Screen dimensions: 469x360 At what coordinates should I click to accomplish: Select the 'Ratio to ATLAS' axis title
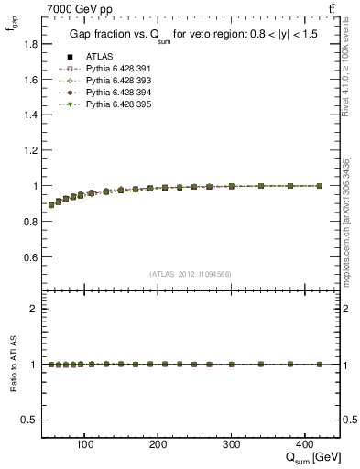point(12,365)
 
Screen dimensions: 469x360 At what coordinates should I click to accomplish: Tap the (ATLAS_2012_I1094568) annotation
point(191,273)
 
